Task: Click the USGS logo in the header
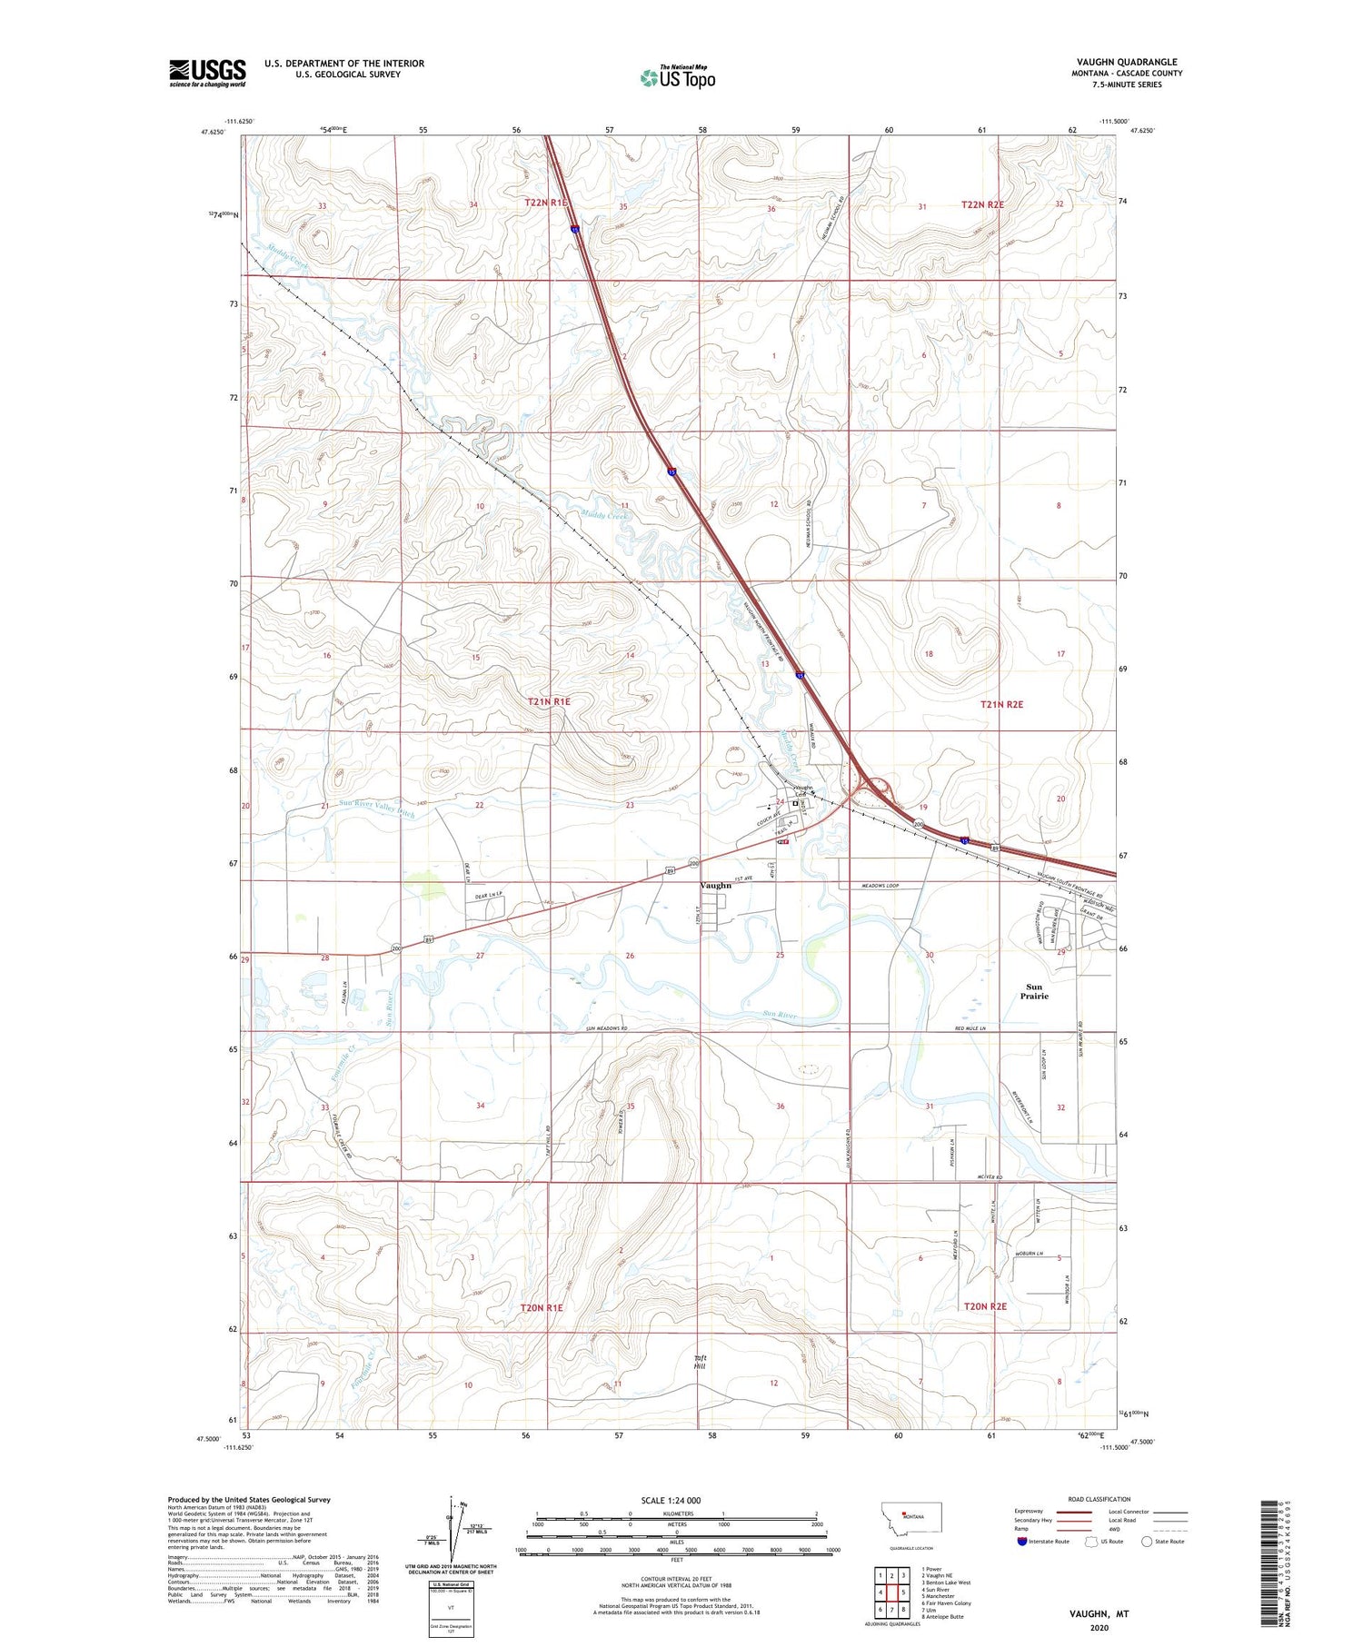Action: coord(207,73)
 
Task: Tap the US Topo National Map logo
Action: coord(677,77)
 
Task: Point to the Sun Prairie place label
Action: coord(1034,991)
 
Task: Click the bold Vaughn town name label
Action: coord(716,885)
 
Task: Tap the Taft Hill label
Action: coord(700,1362)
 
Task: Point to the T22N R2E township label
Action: coord(982,204)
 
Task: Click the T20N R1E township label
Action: coord(542,1307)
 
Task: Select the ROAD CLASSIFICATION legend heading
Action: coord(1099,1499)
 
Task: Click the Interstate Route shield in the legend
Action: coord(1022,1542)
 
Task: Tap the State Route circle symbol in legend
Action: coord(1147,1542)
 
